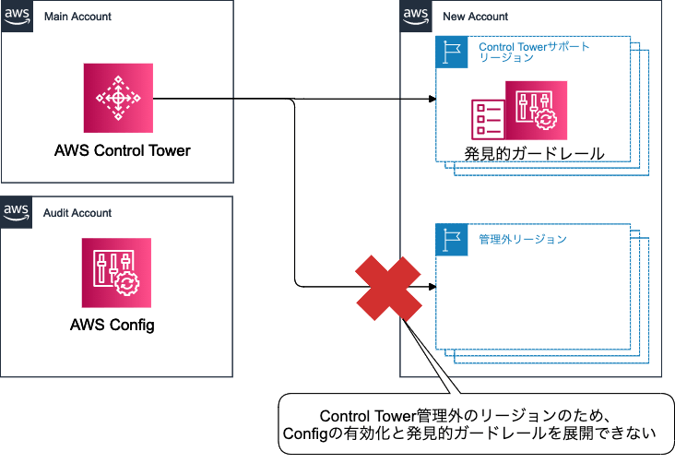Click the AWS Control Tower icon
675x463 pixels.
click(117, 97)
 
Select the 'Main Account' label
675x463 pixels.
click(77, 17)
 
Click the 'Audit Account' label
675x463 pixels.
click(77, 213)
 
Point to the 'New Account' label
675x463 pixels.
click(475, 17)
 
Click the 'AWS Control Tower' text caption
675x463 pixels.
click(123, 150)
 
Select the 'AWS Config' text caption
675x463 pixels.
click(112, 325)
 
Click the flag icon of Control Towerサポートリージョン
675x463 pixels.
click(450, 53)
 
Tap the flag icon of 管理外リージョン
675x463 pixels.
click(450, 239)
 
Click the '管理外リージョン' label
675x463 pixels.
click(522, 239)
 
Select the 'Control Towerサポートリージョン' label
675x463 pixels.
click(534, 52)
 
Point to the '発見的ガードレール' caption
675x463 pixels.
click(535, 153)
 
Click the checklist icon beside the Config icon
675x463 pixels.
click(486, 117)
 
